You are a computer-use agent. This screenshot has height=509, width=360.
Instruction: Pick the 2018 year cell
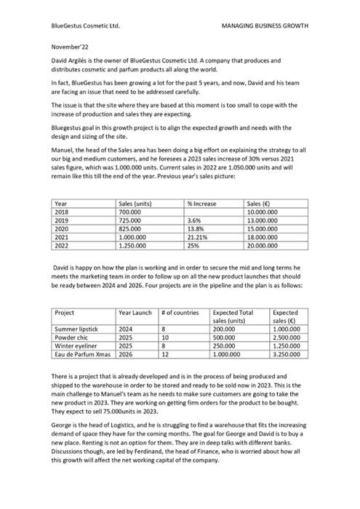[x=63, y=212]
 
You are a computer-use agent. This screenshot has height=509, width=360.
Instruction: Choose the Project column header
[x=65, y=313]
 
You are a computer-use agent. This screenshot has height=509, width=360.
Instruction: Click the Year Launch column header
[x=135, y=313]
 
